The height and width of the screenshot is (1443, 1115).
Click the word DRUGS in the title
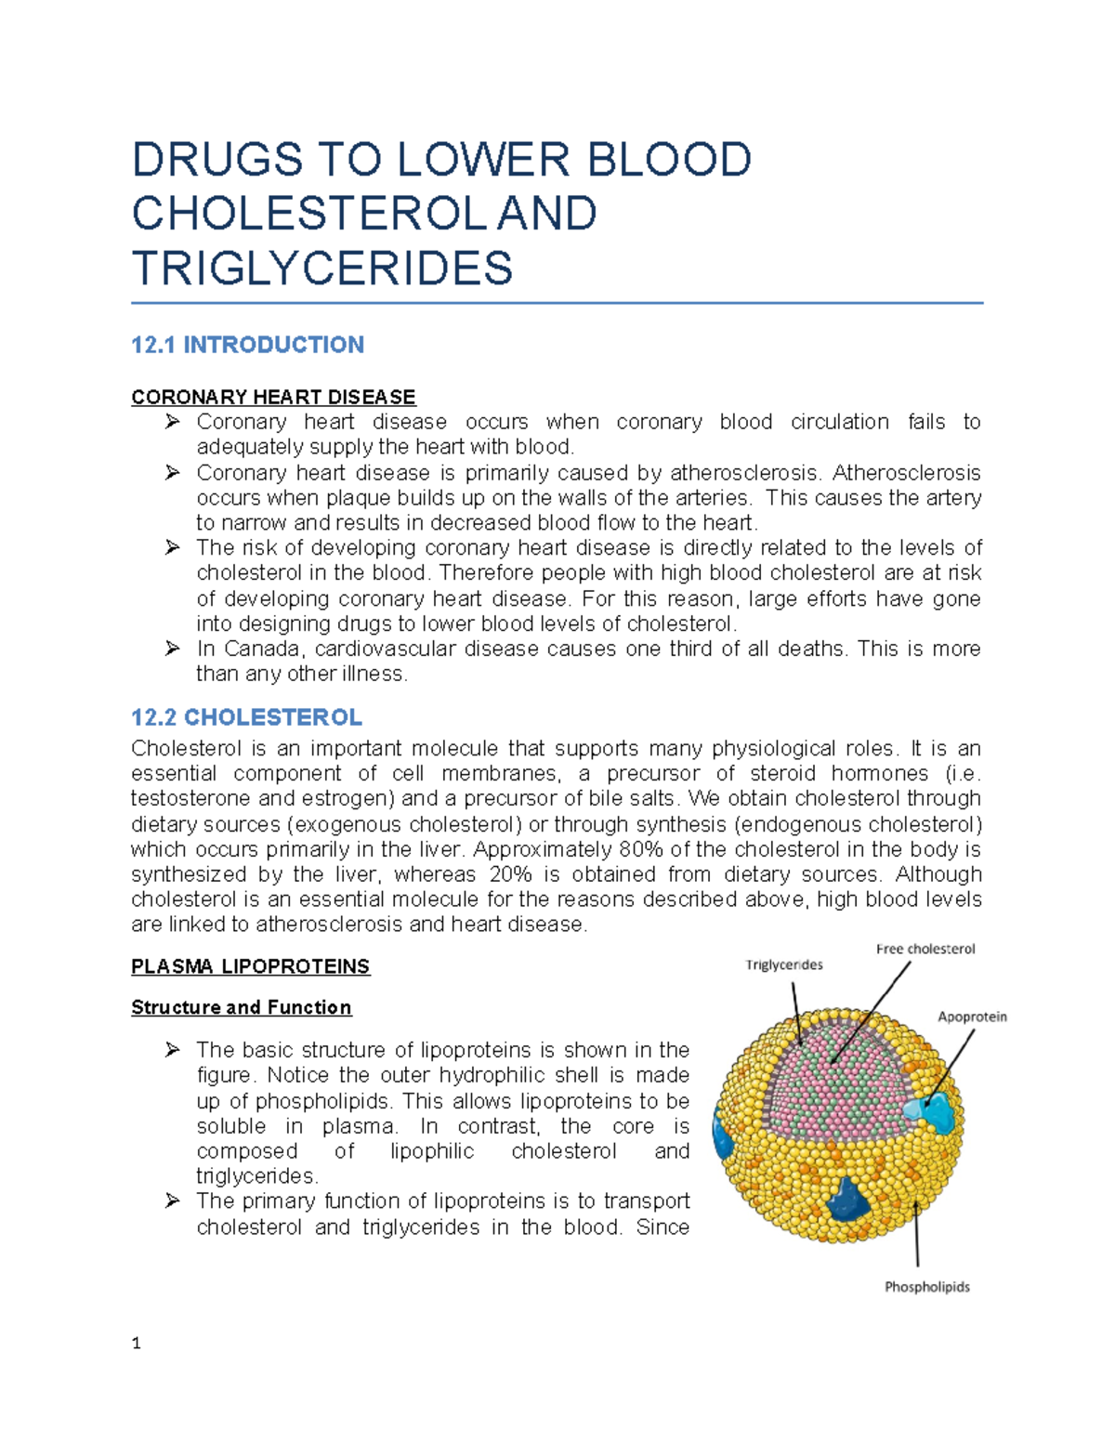[217, 160]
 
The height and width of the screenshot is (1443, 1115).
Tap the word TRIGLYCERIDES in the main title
[322, 269]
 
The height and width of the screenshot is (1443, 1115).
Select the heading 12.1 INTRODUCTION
[247, 346]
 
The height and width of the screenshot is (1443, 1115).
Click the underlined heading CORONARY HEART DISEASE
[273, 398]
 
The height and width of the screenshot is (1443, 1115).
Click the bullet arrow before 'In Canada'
[172, 649]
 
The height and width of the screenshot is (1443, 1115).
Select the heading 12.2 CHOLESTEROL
[246, 718]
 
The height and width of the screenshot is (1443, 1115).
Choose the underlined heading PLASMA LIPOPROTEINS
[250, 967]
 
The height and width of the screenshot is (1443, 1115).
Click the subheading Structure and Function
[241, 1008]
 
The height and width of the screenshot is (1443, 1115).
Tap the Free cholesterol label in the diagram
[925, 950]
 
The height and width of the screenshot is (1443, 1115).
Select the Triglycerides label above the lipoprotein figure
[783, 965]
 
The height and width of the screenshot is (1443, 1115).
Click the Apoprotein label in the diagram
[972, 1017]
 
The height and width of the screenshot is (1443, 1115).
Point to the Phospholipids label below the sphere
[926, 1287]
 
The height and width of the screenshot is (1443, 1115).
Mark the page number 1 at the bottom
[137, 1344]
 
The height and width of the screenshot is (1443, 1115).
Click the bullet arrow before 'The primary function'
[172, 1201]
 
